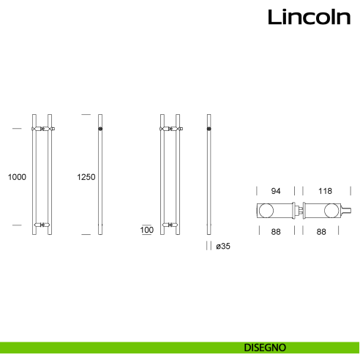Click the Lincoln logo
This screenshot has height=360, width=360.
tap(308, 17)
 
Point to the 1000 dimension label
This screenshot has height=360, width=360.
tap(16, 177)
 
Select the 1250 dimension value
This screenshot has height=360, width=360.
tap(86, 177)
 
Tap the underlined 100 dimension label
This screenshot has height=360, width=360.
tap(146, 230)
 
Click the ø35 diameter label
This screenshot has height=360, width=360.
tap(222, 247)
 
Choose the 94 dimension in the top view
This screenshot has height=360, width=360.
tap(276, 191)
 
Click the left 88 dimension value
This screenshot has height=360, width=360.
tap(276, 231)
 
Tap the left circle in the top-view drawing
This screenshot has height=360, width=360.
tap(266, 211)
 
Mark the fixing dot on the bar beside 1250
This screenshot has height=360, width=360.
tap(100, 130)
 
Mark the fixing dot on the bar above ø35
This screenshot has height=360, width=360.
tap(209, 130)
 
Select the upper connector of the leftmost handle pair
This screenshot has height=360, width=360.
tap(43, 130)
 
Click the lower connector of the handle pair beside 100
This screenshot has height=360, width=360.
tap(169, 224)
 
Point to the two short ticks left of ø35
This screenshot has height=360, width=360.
tap(209, 247)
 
